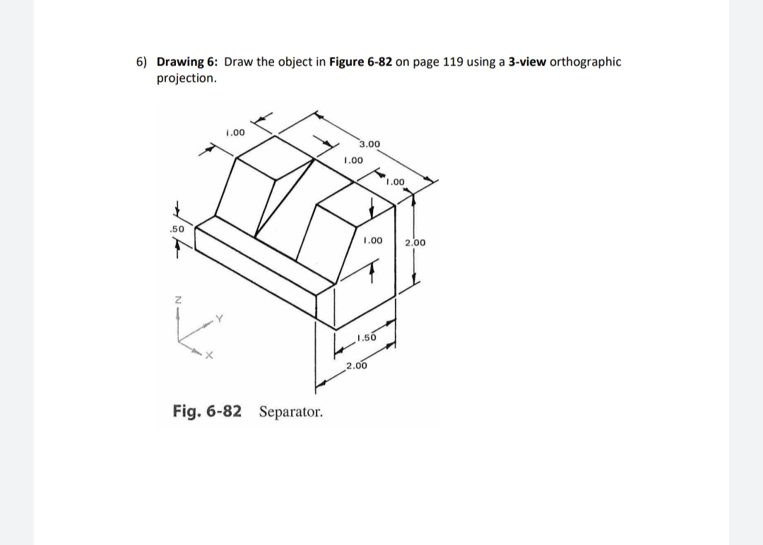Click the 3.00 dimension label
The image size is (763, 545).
tap(369, 145)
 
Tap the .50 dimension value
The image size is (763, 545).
tap(177, 229)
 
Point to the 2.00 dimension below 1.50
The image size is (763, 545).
tap(356, 365)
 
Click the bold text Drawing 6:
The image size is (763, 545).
tap(187, 61)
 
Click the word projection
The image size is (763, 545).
tap(186, 78)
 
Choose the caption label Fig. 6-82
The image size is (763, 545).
tap(206, 411)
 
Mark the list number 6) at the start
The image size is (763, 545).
tap(142, 61)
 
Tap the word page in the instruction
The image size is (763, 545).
tap(425, 61)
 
